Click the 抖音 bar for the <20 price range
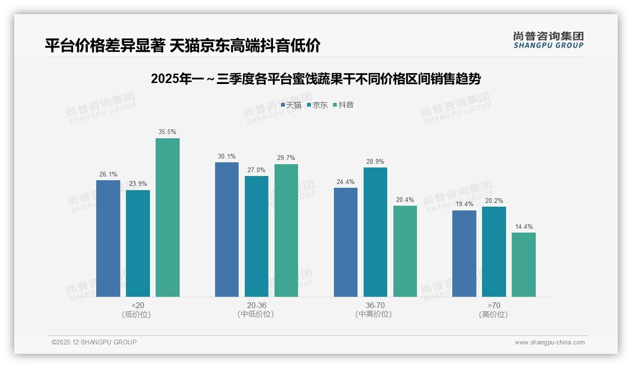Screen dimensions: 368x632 [167, 217]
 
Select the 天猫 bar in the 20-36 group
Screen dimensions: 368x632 [227, 229]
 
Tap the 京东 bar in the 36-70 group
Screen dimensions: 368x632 [375, 232]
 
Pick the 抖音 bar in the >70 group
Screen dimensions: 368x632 [524, 264]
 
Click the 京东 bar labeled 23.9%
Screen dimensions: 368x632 [138, 243]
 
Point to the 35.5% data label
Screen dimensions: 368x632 [167, 132]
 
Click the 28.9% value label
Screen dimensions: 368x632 [375, 161]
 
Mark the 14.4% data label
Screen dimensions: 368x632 [524, 226]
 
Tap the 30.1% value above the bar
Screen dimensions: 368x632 [227, 156]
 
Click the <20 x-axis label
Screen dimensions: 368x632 [138, 305]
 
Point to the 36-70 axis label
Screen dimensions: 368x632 [375, 305]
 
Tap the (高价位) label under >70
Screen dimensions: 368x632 [493, 314]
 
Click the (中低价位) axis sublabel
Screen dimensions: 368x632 [256, 314]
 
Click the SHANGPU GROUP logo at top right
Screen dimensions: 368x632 [548, 40]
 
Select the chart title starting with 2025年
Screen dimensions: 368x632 [316, 79]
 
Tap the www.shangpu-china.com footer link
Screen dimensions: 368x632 [549, 343]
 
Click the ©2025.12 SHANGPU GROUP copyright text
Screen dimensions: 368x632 [94, 342]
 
